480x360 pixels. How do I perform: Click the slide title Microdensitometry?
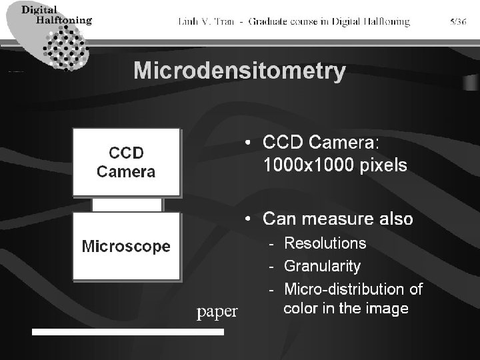239,71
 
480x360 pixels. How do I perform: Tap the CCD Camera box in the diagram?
126,162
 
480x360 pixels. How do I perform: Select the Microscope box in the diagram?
126,246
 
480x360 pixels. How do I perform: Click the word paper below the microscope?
217,311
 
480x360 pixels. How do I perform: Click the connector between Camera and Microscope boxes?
127,204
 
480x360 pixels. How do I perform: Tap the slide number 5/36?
458,22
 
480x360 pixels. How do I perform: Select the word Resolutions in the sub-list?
325,243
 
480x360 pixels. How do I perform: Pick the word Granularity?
322,266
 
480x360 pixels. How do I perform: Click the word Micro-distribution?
337,289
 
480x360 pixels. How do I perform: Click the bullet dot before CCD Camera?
248,143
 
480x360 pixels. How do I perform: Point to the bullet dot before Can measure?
248,219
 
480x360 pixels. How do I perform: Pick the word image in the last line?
389,309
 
